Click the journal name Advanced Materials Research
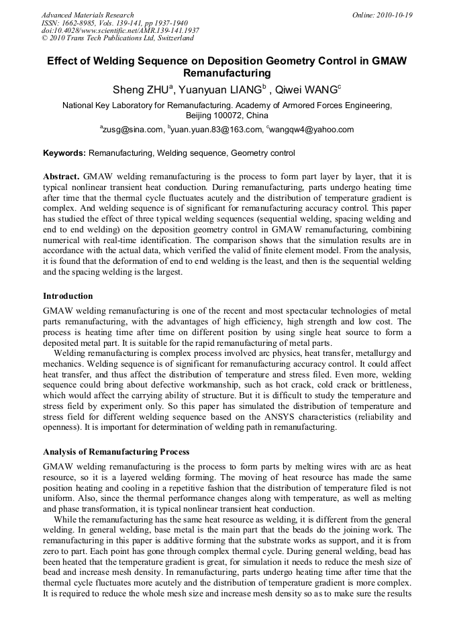coord(87,15)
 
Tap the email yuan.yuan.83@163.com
coord(214,130)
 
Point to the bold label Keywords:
coord(64,153)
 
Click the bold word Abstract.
coord(61,176)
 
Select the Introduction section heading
coord(68,296)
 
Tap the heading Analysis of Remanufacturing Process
coord(116,452)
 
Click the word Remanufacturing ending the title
coord(227,73)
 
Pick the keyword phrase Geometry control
coord(262,153)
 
